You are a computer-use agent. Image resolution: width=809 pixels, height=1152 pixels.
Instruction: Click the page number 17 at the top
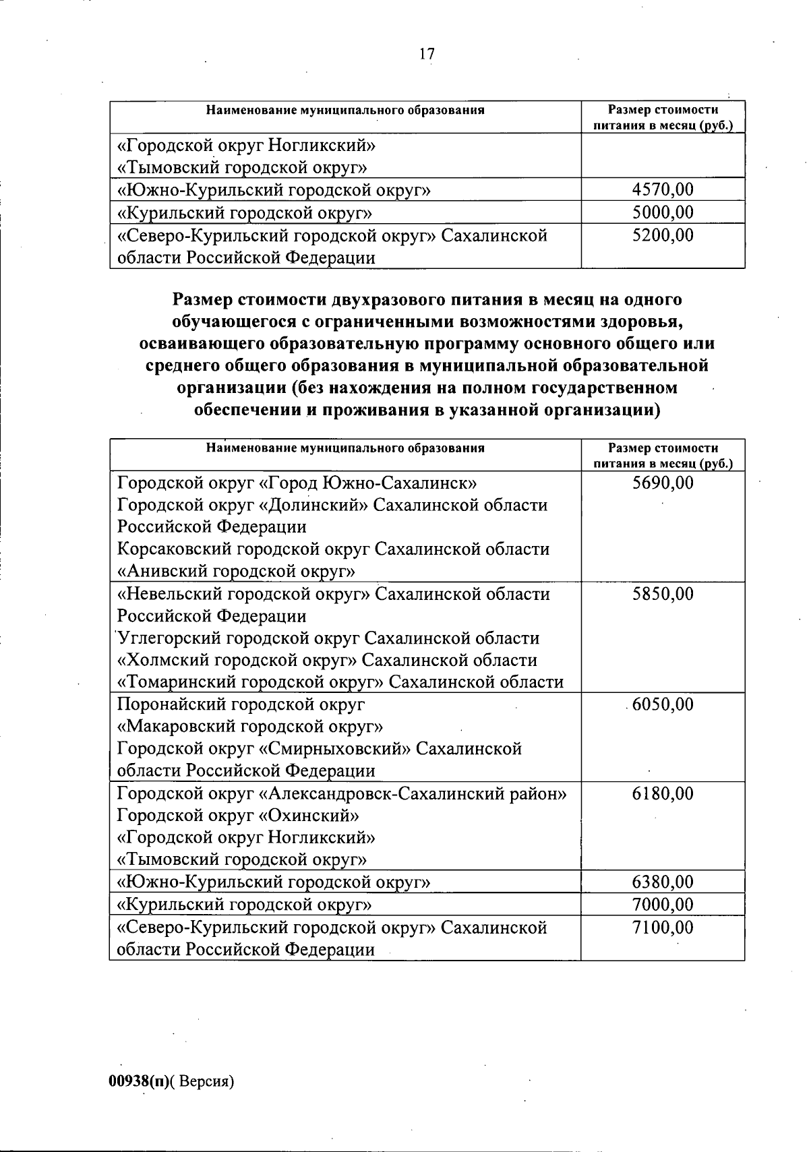pyautogui.click(x=427, y=55)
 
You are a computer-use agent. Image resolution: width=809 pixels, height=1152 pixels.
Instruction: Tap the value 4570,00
pyautogui.click(x=663, y=189)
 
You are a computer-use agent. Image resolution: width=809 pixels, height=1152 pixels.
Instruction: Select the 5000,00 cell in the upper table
pyautogui.click(x=663, y=212)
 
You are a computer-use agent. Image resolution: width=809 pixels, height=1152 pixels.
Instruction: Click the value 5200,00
pyautogui.click(x=663, y=235)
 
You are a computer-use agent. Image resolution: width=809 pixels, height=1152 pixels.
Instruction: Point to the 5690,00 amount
pyautogui.click(x=663, y=483)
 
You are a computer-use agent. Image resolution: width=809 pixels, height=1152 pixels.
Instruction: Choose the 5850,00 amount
pyautogui.click(x=663, y=594)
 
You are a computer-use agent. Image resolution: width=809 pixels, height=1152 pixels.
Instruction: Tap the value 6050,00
pyautogui.click(x=663, y=704)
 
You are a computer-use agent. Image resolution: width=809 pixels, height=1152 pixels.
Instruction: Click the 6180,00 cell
pyautogui.click(x=663, y=793)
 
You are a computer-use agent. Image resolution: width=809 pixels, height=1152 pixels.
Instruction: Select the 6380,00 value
pyautogui.click(x=663, y=882)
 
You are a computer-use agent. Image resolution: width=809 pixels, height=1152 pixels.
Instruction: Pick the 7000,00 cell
pyautogui.click(x=663, y=904)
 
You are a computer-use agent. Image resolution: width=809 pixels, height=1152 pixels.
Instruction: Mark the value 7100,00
pyautogui.click(x=663, y=928)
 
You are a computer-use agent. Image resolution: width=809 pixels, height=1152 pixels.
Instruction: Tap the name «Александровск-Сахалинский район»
pyautogui.click(x=413, y=793)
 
